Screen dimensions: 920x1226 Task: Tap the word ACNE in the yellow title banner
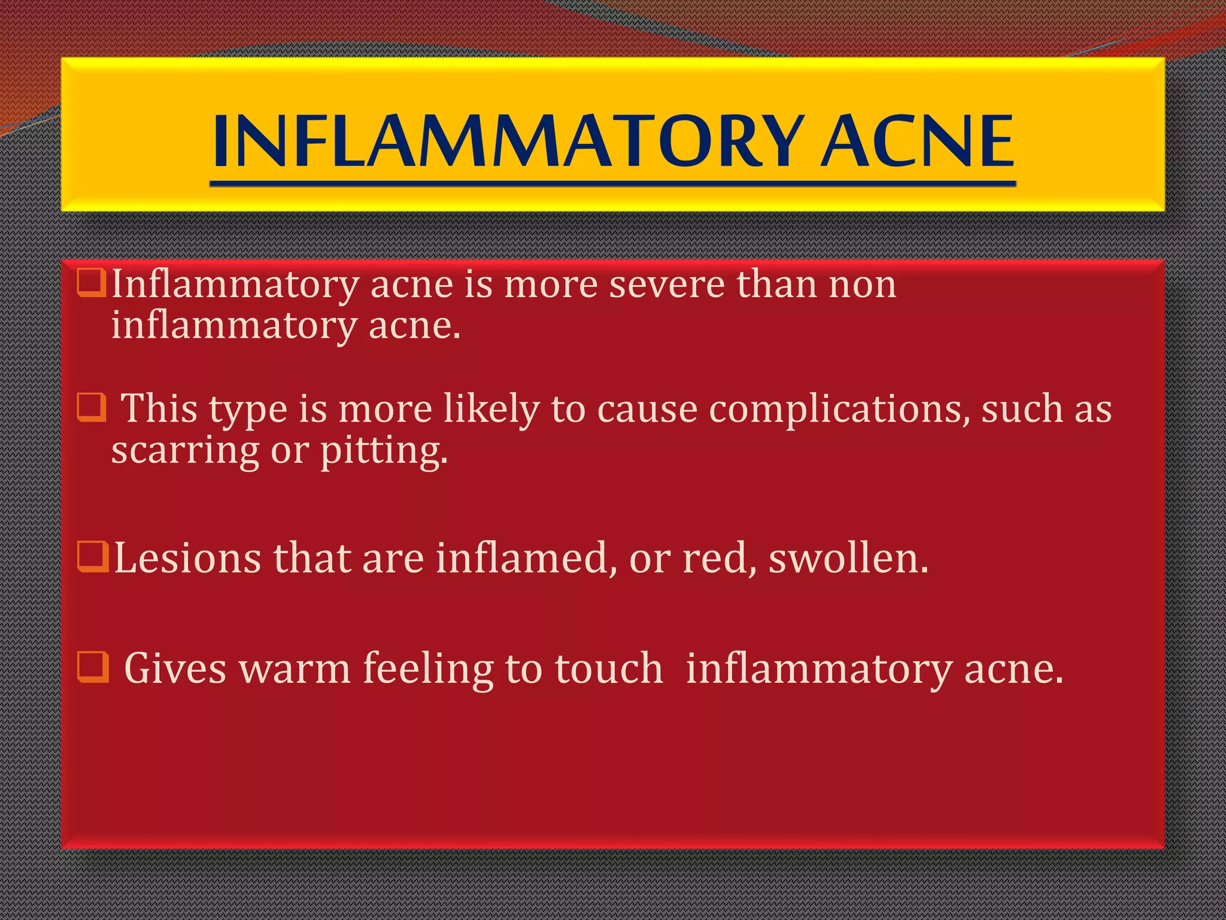[x=917, y=141]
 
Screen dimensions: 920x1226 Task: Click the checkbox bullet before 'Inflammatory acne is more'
[x=92, y=283]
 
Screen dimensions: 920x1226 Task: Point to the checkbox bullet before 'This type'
[x=92, y=408]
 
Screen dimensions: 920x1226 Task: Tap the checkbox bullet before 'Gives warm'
[x=93, y=667]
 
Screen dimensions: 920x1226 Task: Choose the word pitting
[x=384, y=450]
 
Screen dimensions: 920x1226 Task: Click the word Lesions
[x=187, y=558]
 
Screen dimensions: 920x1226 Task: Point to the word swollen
[x=848, y=558]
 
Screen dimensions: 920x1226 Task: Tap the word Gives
[x=175, y=668]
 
